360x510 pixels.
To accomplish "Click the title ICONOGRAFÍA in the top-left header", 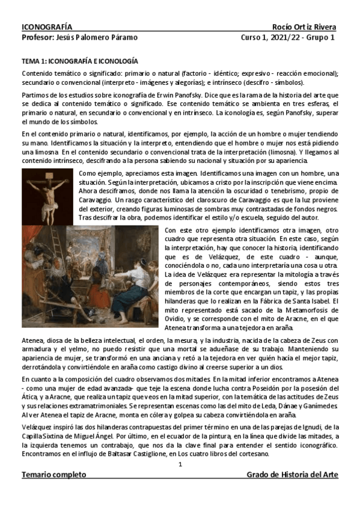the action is coord(47,27).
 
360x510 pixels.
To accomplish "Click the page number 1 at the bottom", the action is coord(180,465).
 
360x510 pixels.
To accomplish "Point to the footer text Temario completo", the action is coord(53,475).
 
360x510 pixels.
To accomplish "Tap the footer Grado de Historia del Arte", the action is coord(292,475).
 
